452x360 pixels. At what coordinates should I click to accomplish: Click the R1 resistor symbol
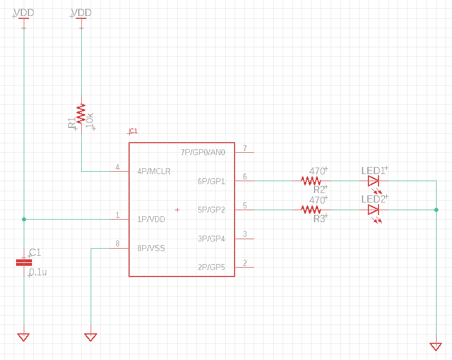tap(81, 113)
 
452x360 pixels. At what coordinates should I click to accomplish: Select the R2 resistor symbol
tap(311, 181)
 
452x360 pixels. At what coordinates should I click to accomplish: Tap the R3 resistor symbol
tap(311, 210)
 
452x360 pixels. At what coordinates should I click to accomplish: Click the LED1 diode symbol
tap(373, 181)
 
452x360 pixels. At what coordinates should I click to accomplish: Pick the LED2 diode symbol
tap(373, 210)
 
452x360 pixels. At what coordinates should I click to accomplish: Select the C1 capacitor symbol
tap(24, 262)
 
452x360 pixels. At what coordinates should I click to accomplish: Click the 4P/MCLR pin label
tap(153, 172)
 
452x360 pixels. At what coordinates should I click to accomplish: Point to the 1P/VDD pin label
tap(151, 219)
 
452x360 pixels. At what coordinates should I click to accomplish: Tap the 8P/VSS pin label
tap(151, 248)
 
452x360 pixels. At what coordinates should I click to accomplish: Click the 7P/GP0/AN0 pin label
tap(203, 152)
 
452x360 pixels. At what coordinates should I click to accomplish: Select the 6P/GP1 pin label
tap(211, 181)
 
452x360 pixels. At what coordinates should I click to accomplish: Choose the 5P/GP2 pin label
tap(211, 210)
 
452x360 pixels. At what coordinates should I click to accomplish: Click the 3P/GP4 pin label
tap(211, 239)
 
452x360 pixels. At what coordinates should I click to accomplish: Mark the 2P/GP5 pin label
tap(211, 267)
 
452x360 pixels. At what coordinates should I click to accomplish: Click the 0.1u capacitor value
tap(39, 272)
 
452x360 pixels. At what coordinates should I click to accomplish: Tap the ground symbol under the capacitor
tap(24, 337)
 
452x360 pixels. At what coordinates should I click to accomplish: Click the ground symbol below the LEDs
tap(436, 346)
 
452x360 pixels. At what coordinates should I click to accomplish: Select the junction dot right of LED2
tap(436, 210)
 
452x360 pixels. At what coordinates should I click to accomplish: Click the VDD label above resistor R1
tap(81, 12)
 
